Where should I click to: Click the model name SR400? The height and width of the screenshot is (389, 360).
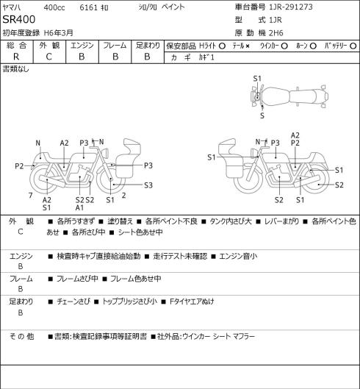(x=19, y=19)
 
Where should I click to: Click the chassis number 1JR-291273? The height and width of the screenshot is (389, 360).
(x=291, y=7)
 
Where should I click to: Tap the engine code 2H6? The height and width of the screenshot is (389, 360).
(x=276, y=33)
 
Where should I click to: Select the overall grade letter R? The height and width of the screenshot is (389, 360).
(x=16, y=57)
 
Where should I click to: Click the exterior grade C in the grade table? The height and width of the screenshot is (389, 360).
(x=48, y=57)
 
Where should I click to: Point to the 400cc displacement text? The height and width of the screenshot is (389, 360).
(x=54, y=7)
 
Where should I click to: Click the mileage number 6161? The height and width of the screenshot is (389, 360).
(x=88, y=7)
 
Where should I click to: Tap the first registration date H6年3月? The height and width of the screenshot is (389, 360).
(x=59, y=33)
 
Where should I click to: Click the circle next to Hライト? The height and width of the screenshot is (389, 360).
(x=222, y=46)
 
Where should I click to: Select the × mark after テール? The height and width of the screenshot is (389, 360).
(x=248, y=46)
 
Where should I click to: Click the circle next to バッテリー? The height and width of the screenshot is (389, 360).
(x=353, y=46)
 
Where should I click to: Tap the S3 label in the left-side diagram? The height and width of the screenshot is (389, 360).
(x=148, y=185)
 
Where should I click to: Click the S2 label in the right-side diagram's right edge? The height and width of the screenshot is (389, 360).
(x=339, y=185)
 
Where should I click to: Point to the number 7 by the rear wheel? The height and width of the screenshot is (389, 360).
(x=31, y=196)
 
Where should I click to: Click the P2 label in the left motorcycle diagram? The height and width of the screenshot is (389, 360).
(x=19, y=166)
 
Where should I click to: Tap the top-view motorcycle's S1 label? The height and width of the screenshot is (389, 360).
(x=257, y=79)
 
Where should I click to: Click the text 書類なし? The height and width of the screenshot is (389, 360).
(x=16, y=69)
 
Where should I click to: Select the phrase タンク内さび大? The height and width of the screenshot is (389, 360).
(x=231, y=221)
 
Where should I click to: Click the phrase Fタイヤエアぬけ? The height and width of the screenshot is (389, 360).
(x=192, y=301)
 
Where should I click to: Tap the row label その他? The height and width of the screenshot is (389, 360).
(x=21, y=336)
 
